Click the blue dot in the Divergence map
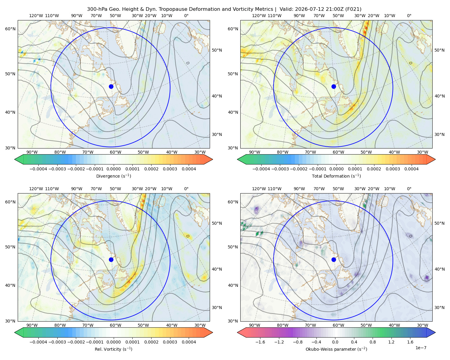coord(111,86)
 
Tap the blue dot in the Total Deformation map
coord(334,86)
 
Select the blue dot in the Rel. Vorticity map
coord(111,259)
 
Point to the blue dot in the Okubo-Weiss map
coord(334,259)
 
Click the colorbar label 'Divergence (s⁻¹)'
coord(113,176)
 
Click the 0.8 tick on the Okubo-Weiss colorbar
coord(373,342)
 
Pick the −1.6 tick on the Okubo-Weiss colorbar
coord(260,342)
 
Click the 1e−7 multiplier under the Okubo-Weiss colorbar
coord(421,348)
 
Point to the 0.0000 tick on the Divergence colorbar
coord(113,169)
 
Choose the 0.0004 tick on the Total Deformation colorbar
coord(411,169)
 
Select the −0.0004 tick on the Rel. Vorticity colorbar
coord(38,342)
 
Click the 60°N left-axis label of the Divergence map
coord(10,29)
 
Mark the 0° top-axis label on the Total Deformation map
coord(409,16)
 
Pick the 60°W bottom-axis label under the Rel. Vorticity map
coord(115,325)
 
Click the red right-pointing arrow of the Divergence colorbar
coord(208,159)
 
